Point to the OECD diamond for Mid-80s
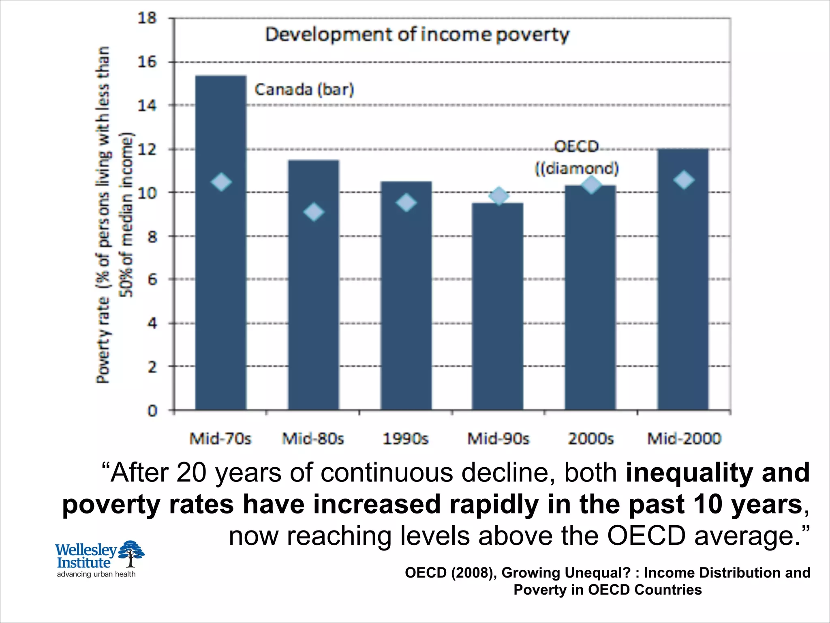click(314, 212)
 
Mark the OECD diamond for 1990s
click(406, 202)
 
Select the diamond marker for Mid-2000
click(684, 180)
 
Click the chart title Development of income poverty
click(417, 34)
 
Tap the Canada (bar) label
click(304, 89)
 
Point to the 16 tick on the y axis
click(147, 62)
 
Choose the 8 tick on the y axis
click(152, 236)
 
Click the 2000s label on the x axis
click(590, 438)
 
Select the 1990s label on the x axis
click(406, 438)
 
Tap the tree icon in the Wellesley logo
click(131, 553)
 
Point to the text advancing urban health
click(96, 574)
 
